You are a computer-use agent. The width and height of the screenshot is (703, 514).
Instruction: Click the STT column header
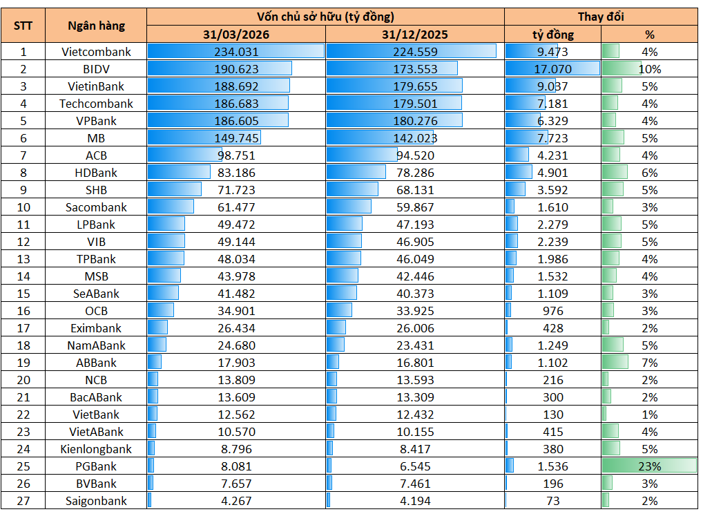coord(23,26)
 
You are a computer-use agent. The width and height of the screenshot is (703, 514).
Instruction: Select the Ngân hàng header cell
coord(97,26)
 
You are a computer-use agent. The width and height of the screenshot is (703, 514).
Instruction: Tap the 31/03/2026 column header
coord(236,35)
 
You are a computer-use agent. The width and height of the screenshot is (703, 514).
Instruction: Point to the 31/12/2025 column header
coord(415,35)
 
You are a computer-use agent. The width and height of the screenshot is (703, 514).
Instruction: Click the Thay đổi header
coord(601,17)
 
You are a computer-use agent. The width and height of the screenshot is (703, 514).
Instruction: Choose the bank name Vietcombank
coord(97,52)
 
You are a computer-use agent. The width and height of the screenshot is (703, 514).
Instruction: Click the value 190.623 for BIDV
coord(236,69)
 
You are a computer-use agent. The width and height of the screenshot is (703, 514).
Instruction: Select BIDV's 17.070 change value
coord(553,69)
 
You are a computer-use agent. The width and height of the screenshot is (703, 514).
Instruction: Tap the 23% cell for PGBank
coord(650,466)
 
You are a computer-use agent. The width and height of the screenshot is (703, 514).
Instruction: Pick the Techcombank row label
coord(97,104)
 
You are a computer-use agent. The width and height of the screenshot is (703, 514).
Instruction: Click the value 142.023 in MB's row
coord(415,138)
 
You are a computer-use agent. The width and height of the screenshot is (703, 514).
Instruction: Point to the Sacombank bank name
coord(97,207)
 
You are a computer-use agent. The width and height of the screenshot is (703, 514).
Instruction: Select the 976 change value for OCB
coord(553,311)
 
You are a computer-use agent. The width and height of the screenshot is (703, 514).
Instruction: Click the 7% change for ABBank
coord(650,363)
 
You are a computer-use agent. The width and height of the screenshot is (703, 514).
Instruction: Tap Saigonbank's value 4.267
coord(236,501)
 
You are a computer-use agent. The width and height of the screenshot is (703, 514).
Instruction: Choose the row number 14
coord(23,276)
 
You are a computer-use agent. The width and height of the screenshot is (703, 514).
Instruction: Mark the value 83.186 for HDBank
coord(236,173)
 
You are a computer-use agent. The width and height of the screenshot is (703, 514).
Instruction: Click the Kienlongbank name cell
coord(97,449)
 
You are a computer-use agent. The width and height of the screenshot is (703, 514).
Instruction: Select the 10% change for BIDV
coord(650,69)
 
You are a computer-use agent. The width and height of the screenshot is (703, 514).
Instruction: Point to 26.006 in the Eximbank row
coord(415,328)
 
